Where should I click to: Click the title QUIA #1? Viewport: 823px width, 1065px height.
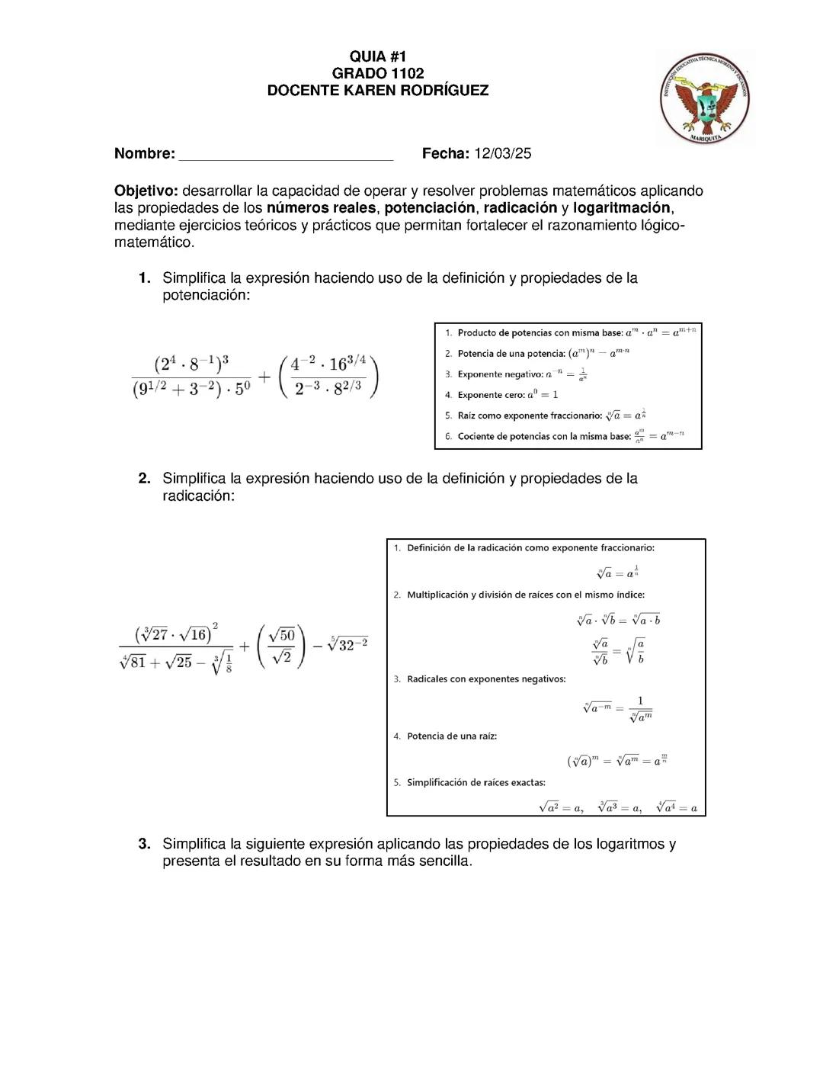click(x=377, y=56)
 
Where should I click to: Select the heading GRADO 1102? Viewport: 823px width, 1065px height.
click(x=377, y=73)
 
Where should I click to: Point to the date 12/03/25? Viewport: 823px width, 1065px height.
click(x=502, y=153)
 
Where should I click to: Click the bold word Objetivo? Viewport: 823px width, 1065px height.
click(x=146, y=191)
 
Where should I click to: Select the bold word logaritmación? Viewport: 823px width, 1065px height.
click(x=621, y=208)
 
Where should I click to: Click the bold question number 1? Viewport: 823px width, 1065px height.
click(x=144, y=278)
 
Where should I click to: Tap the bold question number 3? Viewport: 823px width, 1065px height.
click(x=144, y=844)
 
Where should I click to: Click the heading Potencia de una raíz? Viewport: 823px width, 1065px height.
click(x=451, y=736)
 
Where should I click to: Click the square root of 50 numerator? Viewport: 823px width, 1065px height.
click(x=282, y=635)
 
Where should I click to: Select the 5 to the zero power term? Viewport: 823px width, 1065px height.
click(x=242, y=389)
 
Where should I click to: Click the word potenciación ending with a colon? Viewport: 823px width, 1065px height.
click(x=206, y=296)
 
